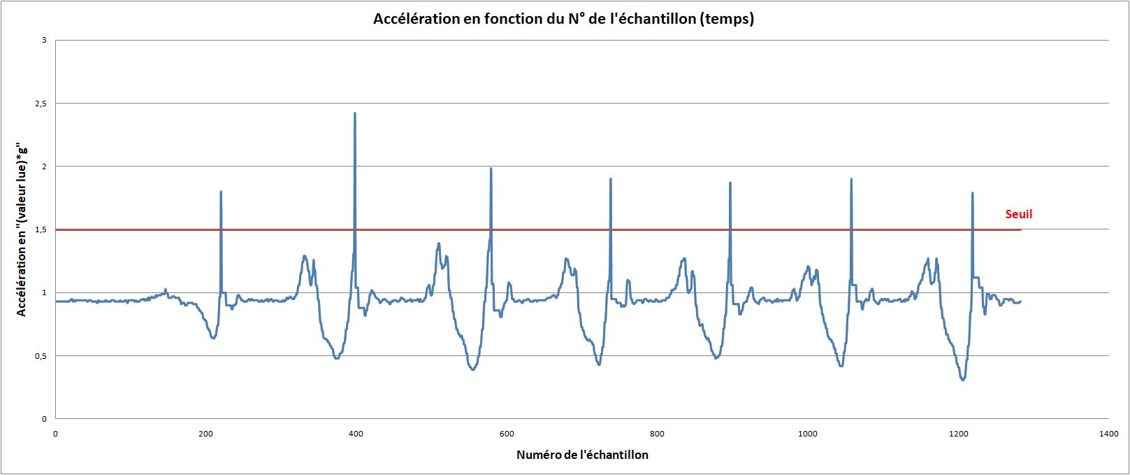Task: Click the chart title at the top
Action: pyautogui.click(x=563, y=19)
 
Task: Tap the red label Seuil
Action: pyautogui.click(x=1018, y=214)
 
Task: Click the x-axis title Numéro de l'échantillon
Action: pyautogui.click(x=582, y=455)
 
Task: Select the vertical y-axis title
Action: pyautogui.click(x=22, y=229)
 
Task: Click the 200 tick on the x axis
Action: pyautogui.click(x=205, y=434)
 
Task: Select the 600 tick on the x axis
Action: pyautogui.click(x=507, y=434)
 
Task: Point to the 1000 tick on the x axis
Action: pyautogui.click(x=807, y=434)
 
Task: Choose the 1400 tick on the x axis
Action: pyautogui.click(x=1108, y=434)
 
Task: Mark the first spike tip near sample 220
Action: pyautogui.click(x=221, y=192)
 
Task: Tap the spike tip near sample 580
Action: pyautogui.click(x=491, y=169)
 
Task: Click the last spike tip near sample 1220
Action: pyautogui.click(x=972, y=193)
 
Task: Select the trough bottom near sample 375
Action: pyautogui.click(x=336, y=357)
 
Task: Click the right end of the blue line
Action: pyautogui.click(x=1020, y=302)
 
